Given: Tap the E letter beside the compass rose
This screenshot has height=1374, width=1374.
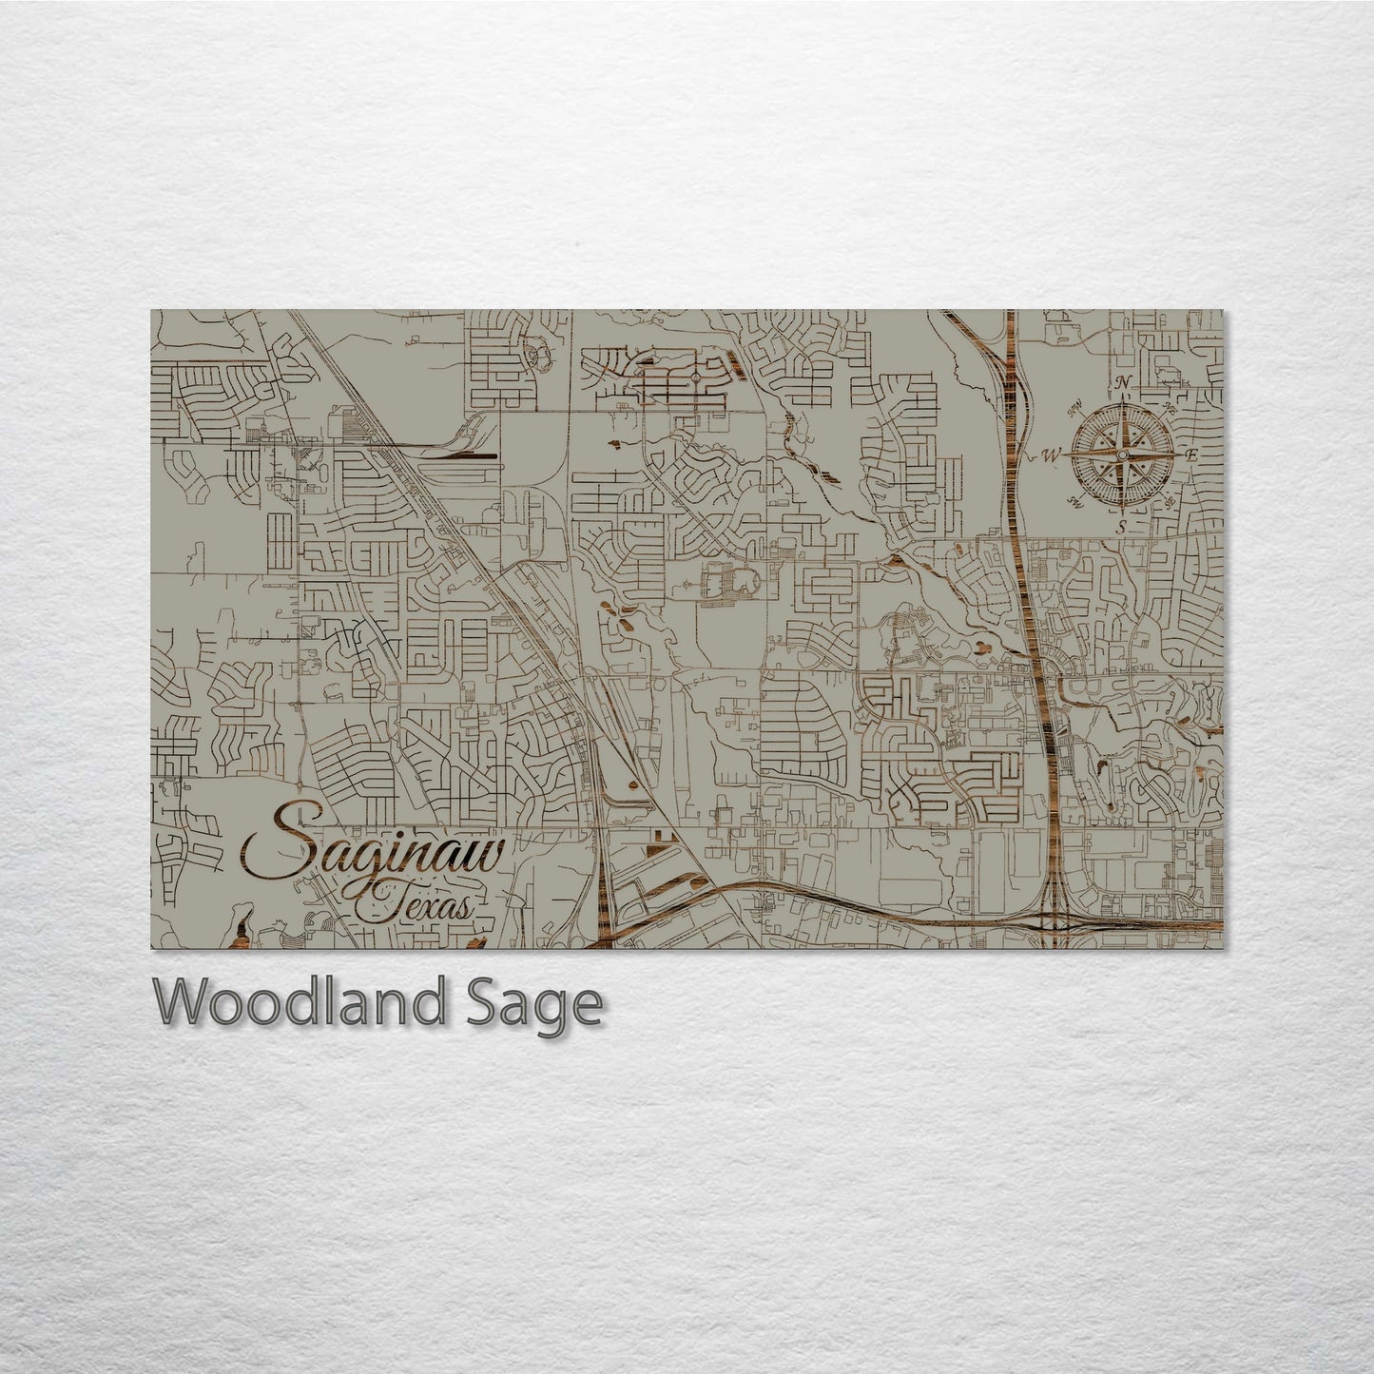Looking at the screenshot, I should click(1190, 455).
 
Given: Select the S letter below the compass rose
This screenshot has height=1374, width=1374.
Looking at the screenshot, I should click(1122, 527).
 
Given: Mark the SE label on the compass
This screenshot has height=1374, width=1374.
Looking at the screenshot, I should click(1170, 501).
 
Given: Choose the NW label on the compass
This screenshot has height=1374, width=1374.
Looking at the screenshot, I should click(1075, 410).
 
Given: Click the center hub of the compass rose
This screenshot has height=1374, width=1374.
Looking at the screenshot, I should click(1122, 455).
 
